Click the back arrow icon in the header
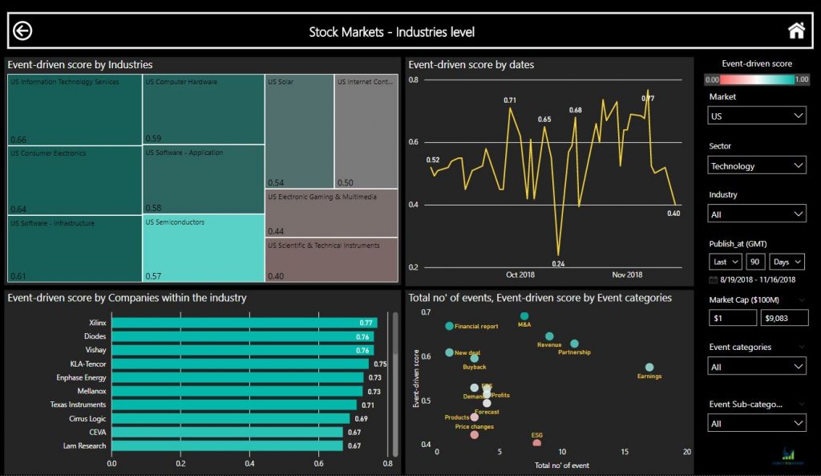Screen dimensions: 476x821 coord(22,31)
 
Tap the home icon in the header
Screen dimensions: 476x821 coord(796,31)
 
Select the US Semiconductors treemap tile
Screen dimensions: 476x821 coord(203,247)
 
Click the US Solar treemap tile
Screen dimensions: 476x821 coord(299,131)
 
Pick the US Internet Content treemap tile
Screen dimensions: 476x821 coord(366,131)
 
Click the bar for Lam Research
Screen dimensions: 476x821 coord(227,445)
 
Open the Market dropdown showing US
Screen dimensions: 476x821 coord(757,116)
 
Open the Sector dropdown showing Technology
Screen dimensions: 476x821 coord(757,165)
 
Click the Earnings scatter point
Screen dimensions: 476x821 coord(649,368)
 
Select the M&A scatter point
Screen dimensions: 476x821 coord(524,316)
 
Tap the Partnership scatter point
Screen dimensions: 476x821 coord(574,344)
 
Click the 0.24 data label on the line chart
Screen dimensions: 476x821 coord(558,263)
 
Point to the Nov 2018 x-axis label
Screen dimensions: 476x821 coord(628,275)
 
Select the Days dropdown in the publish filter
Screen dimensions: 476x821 coord(787,262)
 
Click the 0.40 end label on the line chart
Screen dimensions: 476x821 coord(673,214)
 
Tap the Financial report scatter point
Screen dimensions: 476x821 coord(449,327)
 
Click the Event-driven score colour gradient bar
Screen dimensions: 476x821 coord(757,79)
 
